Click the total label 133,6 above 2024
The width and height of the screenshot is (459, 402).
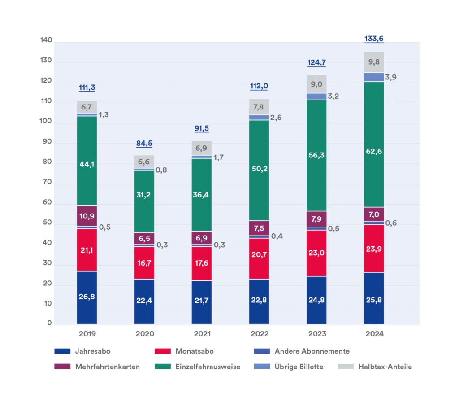coord(374,39)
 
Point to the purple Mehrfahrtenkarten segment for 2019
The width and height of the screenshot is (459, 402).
coord(87,216)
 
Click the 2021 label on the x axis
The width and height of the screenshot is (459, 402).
coord(202,334)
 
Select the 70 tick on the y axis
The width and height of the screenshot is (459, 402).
coord(47,184)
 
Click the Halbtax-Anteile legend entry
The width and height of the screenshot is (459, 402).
coord(385,367)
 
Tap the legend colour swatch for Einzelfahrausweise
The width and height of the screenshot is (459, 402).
coord(163,367)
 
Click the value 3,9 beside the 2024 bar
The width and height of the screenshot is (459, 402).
coord(391,77)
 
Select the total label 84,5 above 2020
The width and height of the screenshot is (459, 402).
coord(144,144)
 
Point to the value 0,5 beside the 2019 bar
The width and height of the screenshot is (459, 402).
coord(104,227)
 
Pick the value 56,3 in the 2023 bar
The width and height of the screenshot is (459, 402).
coord(316,155)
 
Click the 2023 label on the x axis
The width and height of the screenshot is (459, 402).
coord(316,334)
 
